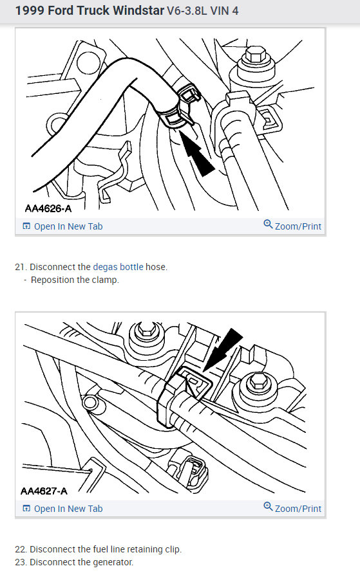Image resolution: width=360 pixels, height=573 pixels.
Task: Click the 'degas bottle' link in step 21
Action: click(x=118, y=267)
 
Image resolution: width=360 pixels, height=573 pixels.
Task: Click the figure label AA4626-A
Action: click(x=48, y=208)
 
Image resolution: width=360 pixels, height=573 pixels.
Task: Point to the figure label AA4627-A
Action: click(x=44, y=491)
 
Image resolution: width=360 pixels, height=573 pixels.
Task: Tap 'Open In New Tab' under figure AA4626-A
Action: click(x=62, y=226)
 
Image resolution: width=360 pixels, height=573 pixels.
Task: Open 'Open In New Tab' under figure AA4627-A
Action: click(x=62, y=509)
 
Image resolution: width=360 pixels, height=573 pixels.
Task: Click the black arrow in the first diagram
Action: click(x=196, y=153)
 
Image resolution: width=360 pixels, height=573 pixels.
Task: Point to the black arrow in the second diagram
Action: click(x=222, y=350)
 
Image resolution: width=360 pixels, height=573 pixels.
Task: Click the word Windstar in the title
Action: click(x=138, y=10)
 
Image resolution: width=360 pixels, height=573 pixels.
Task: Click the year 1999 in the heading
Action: click(x=30, y=10)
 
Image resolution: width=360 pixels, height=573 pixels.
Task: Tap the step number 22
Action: click(x=21, y=549)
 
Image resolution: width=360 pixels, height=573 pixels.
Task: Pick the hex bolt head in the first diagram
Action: click(x=256, y=55)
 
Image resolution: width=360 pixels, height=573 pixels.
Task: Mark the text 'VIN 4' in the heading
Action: click(x=224, y=11)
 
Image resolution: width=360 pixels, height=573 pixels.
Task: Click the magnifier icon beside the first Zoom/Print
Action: click(x=268, y=224)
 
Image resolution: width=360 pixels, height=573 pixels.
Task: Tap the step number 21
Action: click(x=21, y=267)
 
